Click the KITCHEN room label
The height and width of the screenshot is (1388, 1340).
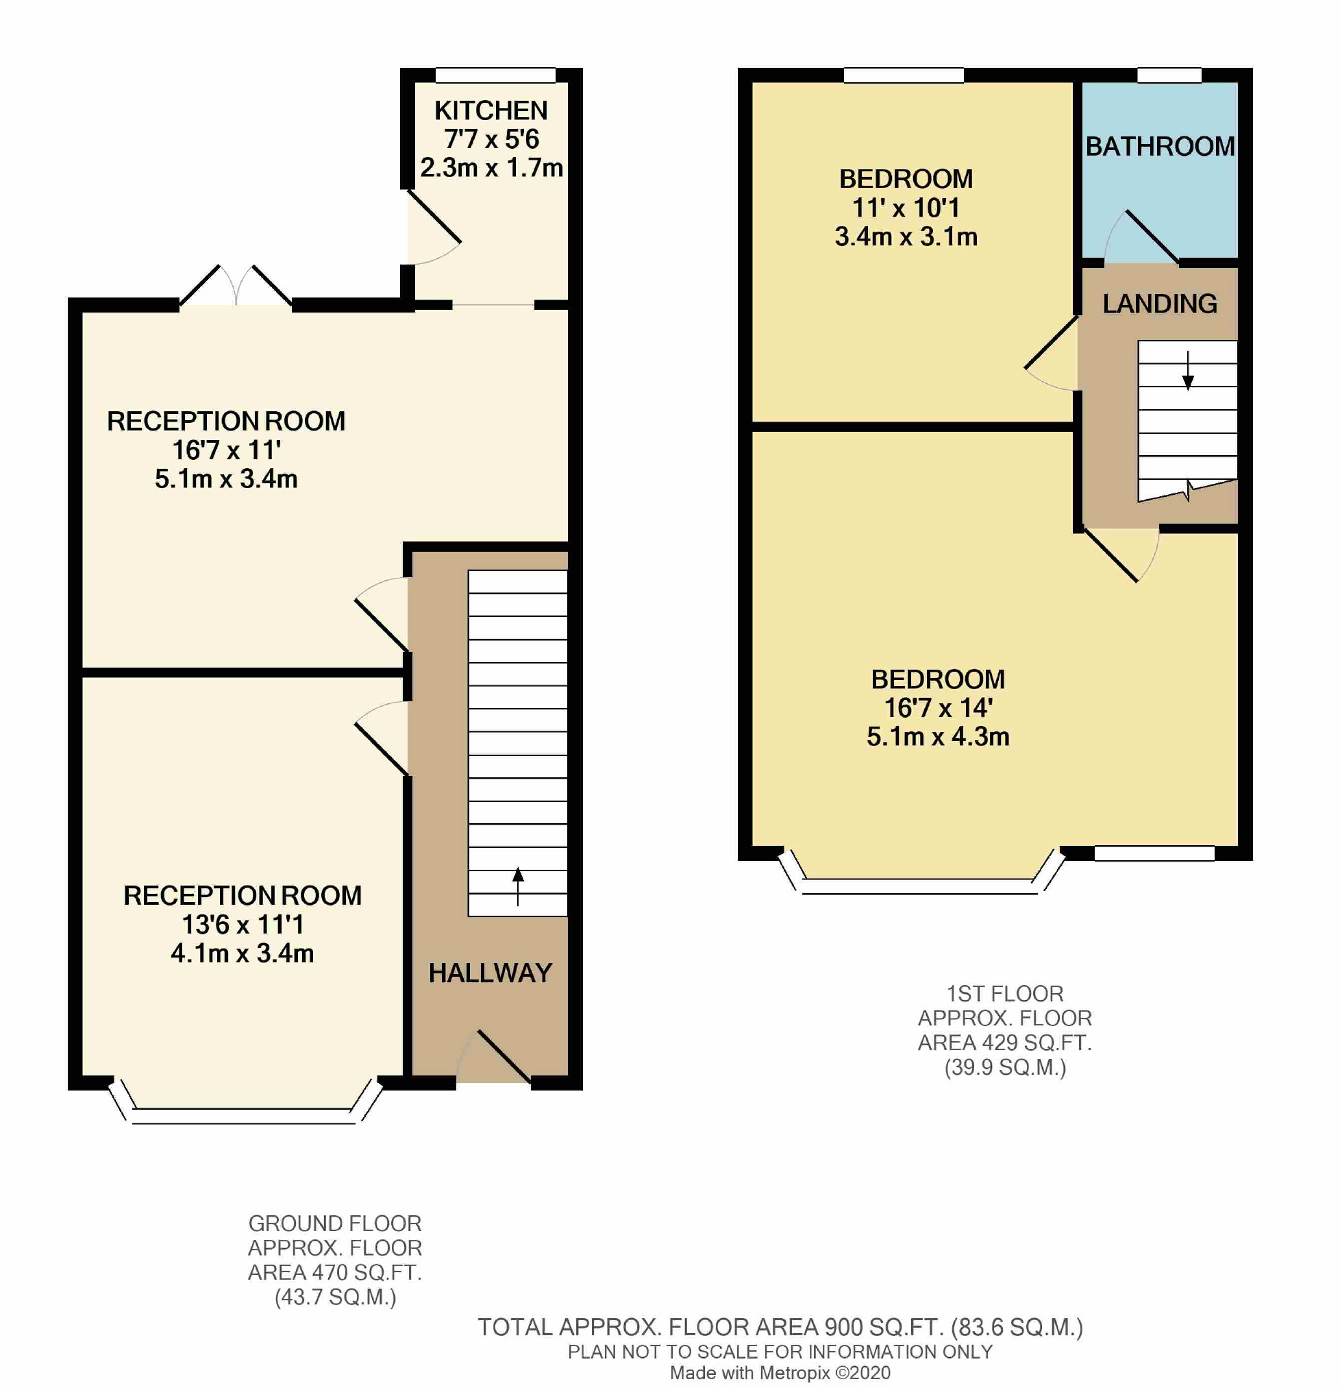tap(491, 110)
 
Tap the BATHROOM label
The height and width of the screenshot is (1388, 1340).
tap(1161, 147)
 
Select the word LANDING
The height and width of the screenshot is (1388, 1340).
tap(1161, 304)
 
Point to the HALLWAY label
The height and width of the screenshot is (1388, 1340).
tap(491, 973)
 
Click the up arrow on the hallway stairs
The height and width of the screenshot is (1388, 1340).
tap(518, 886)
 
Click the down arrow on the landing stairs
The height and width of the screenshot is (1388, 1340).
tap(1188, 370)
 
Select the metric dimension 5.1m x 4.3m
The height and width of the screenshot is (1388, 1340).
tap(938, 736)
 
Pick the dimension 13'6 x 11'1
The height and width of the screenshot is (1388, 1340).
tap(243, 925)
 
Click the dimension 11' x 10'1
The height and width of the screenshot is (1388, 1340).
tap(906, 208)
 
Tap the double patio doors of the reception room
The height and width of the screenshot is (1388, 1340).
tap(236, 285)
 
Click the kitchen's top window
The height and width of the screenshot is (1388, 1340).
tap(495, 75)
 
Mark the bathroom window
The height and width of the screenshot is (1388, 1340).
tap(1169, 75)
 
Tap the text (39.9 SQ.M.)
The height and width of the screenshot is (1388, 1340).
tap(1005, 1067)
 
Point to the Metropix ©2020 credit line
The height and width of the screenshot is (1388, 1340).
tap(780, 1373)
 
